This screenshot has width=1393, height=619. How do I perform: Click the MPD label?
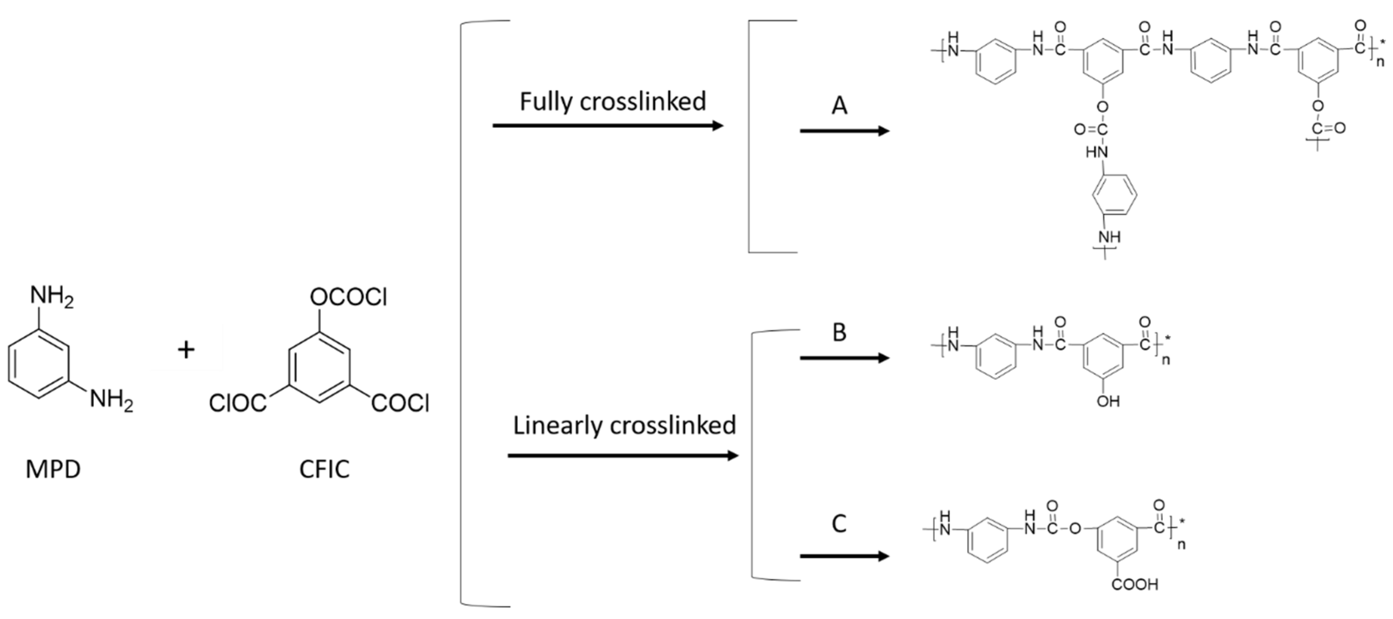[x=53, y=469]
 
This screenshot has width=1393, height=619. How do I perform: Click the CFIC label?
[x=324, y=469]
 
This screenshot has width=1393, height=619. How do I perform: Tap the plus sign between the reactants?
[x=186, y=350]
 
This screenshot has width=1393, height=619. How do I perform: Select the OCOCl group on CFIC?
[x=348, y=297]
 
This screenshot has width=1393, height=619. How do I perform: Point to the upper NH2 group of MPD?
[x=52, y=297]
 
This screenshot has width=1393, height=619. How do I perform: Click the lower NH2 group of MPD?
[x=111, y=401]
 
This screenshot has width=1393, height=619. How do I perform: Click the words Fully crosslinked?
[x=613, y=102]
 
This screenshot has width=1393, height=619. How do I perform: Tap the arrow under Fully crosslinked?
[x=608, y=126]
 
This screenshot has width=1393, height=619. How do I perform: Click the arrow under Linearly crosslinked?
[x=623, y=456]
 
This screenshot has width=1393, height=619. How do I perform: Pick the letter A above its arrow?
[x=839, y=105]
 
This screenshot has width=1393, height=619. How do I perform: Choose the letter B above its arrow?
[x=839, y=332]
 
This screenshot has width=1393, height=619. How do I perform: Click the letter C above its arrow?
[x=839, y=523]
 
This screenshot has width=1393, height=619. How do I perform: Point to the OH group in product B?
[x=1108, y=401]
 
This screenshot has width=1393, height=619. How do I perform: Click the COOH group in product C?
[x=1135, y=584]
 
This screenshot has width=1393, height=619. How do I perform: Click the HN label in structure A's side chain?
[x=1097, y=152]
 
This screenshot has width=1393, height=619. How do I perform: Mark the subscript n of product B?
[x=1166, y=360]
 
